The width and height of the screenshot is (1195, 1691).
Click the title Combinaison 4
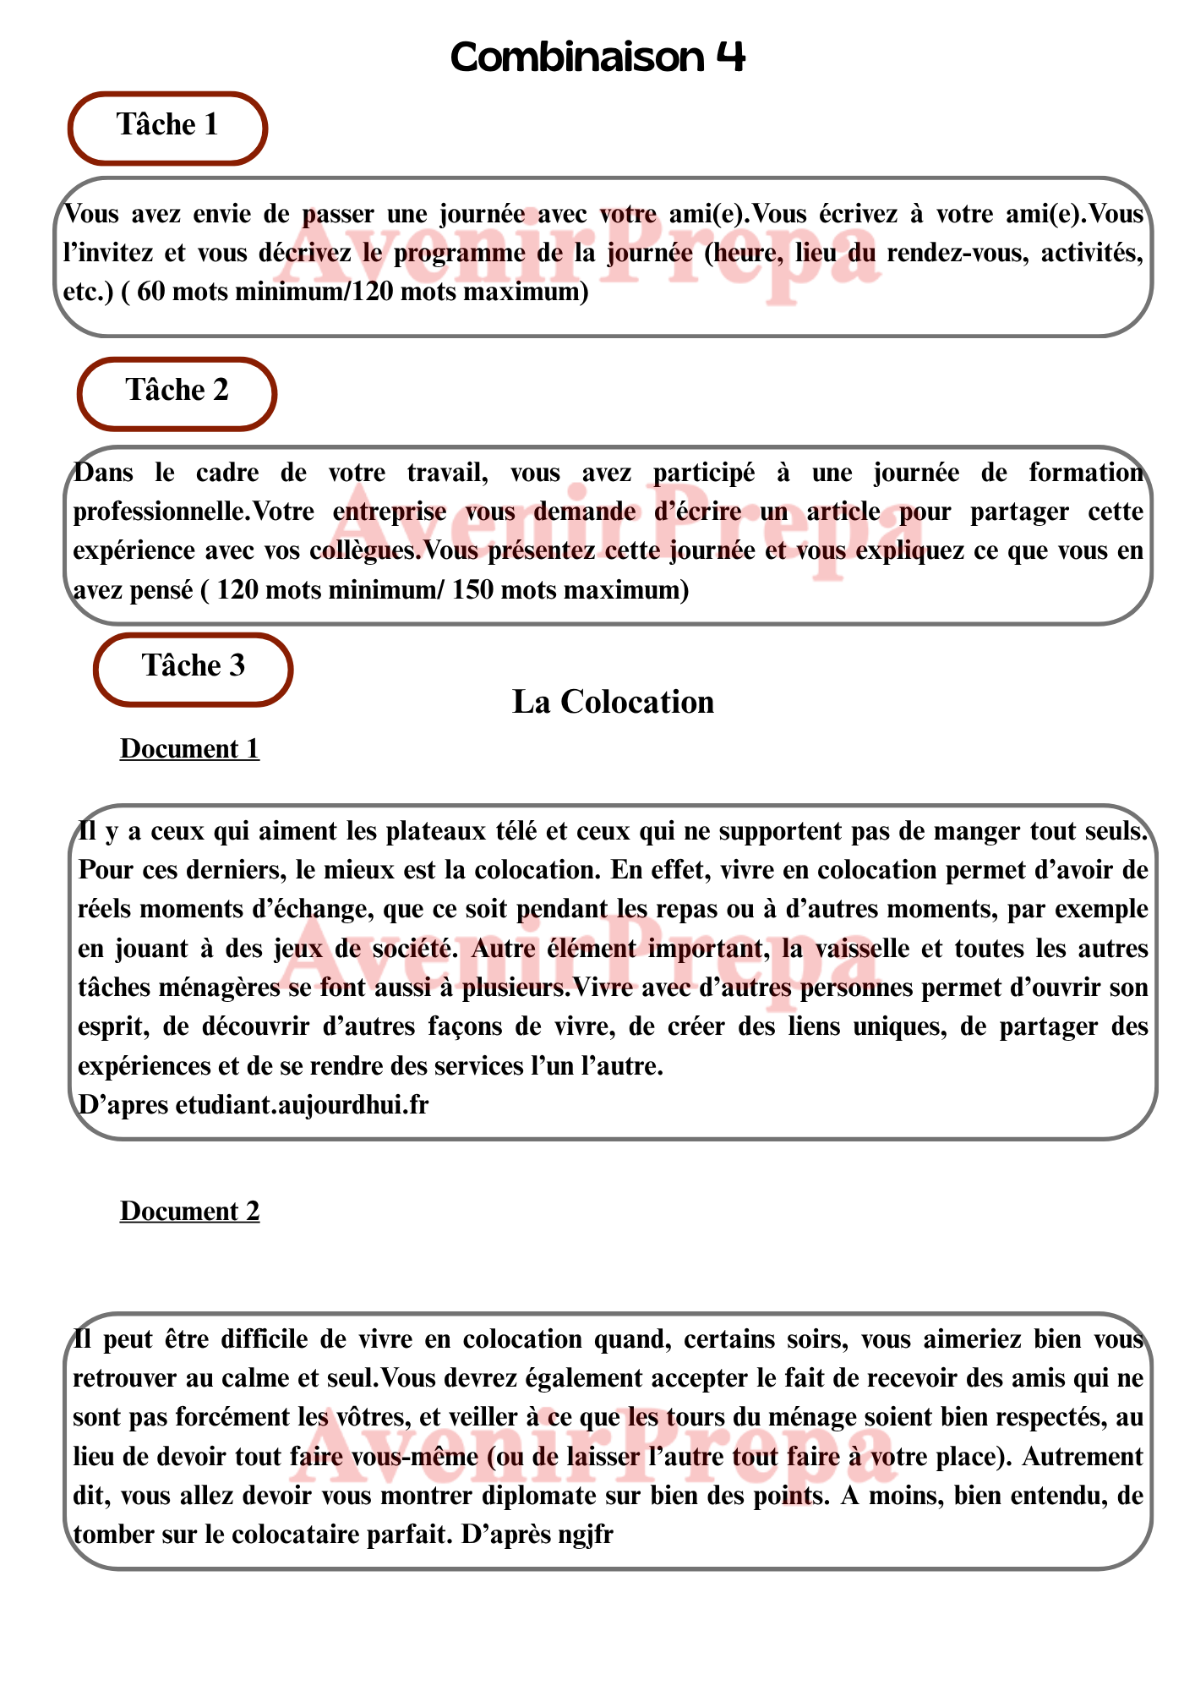point(597,57)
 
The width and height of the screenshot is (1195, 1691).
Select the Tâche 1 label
point(167,125)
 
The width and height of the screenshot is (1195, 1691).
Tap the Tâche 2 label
point(177,391)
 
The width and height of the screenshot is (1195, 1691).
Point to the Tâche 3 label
point(194,666)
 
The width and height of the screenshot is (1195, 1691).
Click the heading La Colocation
point(613,702)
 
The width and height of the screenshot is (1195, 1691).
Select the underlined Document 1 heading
point(189,749)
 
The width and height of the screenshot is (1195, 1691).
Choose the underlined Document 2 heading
point(189,1212)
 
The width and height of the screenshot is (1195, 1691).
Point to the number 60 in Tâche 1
point(151,293)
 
